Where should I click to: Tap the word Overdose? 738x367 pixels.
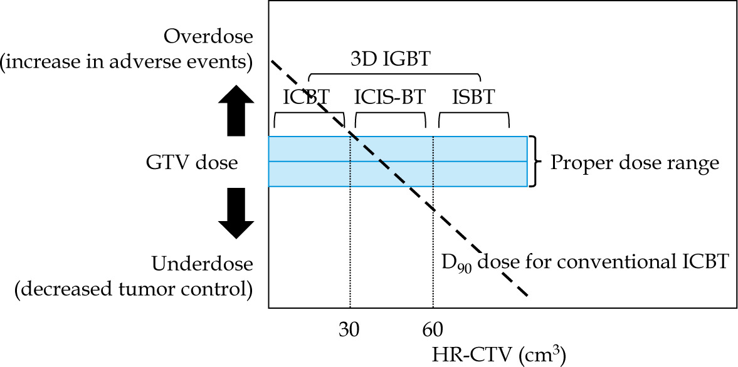pos(208,36)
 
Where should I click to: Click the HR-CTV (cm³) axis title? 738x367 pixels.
pos(500,354)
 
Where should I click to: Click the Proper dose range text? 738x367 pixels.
pos(634,163)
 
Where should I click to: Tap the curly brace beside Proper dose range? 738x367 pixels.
pos(535,161)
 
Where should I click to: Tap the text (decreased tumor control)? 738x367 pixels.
pos(126,289)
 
